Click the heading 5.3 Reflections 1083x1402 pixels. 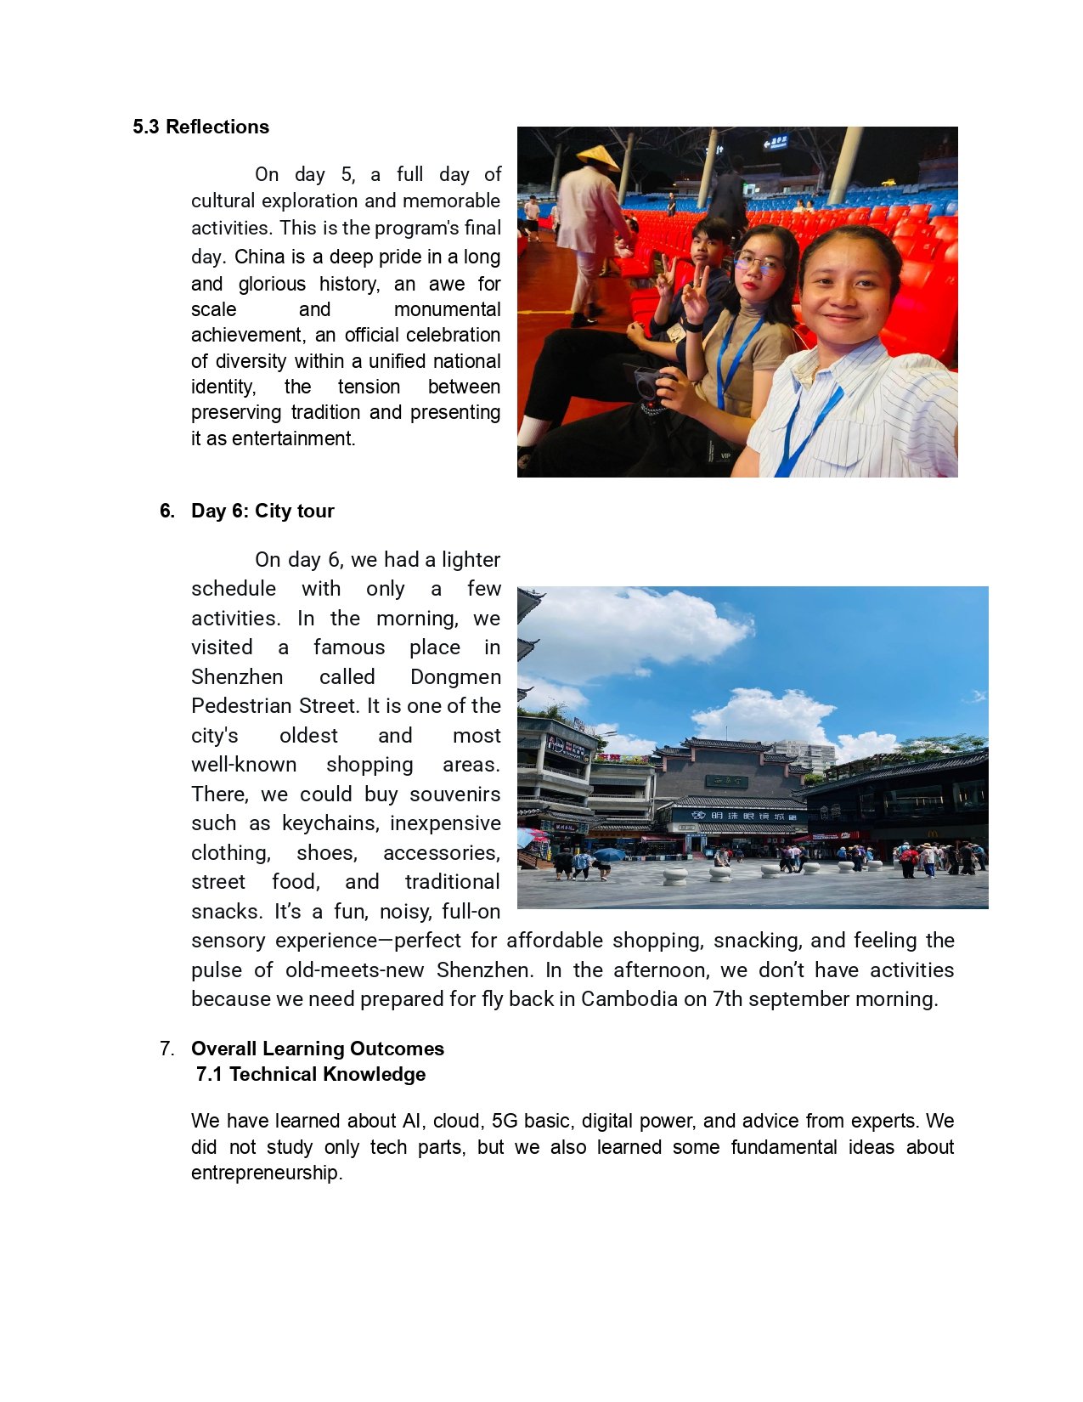(200, 127)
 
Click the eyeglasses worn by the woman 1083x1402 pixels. (758, 264)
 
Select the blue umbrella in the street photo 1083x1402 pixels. (608, 854)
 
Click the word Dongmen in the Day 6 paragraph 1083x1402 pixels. (455, 677)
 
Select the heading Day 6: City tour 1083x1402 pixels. (262, 511)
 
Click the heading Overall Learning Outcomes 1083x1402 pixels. (318, 1049)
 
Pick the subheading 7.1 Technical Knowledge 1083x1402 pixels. (311, 1074)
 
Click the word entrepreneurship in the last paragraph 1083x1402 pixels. (266, 1173)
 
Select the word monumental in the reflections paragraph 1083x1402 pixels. (447, 309)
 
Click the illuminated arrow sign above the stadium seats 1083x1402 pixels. (775, 143)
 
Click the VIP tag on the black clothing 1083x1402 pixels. (725, 456)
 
